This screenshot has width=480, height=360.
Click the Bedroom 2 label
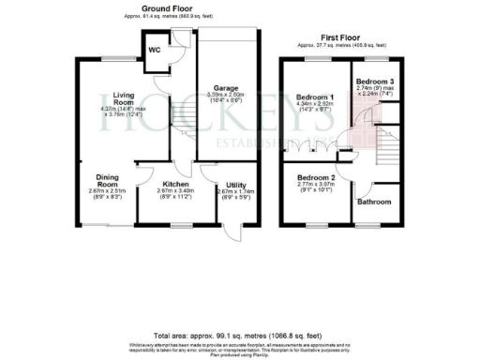316,177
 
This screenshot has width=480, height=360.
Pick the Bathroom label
374,202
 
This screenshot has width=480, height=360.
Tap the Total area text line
240,335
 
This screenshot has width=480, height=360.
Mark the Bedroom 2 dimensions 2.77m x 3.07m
316,186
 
